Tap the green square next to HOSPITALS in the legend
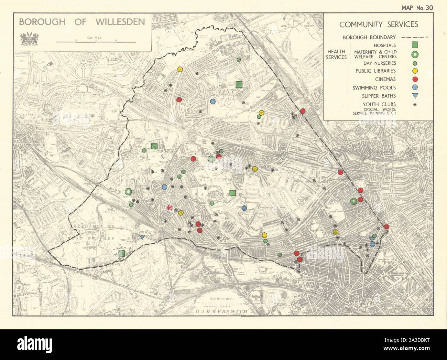tap(415, 45)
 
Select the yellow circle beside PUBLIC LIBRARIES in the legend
tap(415, 71)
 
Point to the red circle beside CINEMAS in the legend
tap(415, 79)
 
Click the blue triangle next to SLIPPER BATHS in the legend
tap(415, 96)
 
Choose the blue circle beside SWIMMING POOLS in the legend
tap(415, 88)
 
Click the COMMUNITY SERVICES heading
tap(379, 24)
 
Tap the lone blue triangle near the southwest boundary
tap(142, 237)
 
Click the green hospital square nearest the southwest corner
tap(121, 254)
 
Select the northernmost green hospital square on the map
tap(239, 84)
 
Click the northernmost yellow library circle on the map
tap(180, 69)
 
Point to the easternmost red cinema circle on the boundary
tap(386, 226)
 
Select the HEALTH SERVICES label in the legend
tap(336, 54)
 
